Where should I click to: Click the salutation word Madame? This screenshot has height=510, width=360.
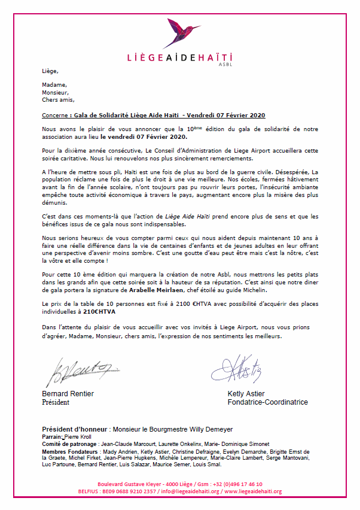click(54, 84)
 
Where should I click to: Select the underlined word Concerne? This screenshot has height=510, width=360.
click(57, 114)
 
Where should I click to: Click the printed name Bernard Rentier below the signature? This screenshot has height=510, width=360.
click(68, 394)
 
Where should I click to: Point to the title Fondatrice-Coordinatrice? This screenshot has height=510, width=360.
click(267, 402)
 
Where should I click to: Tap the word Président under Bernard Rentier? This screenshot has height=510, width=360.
click(56, 402)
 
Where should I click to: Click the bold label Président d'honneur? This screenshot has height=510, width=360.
click(74, 430)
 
